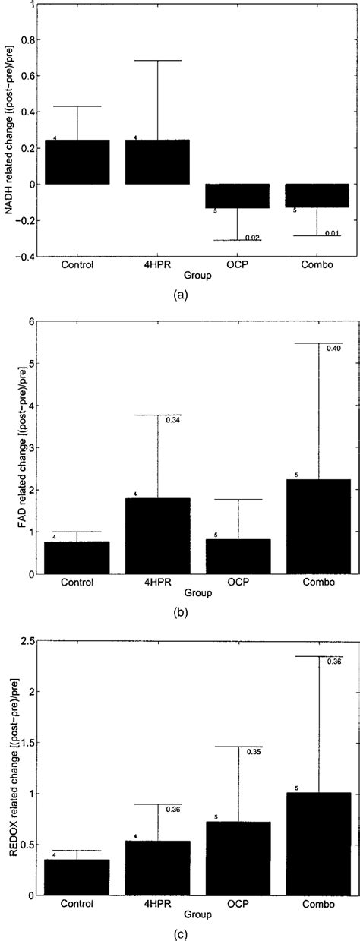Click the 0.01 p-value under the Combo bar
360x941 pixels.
[x=333, y=234]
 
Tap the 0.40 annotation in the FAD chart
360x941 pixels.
[x=333, y=349]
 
